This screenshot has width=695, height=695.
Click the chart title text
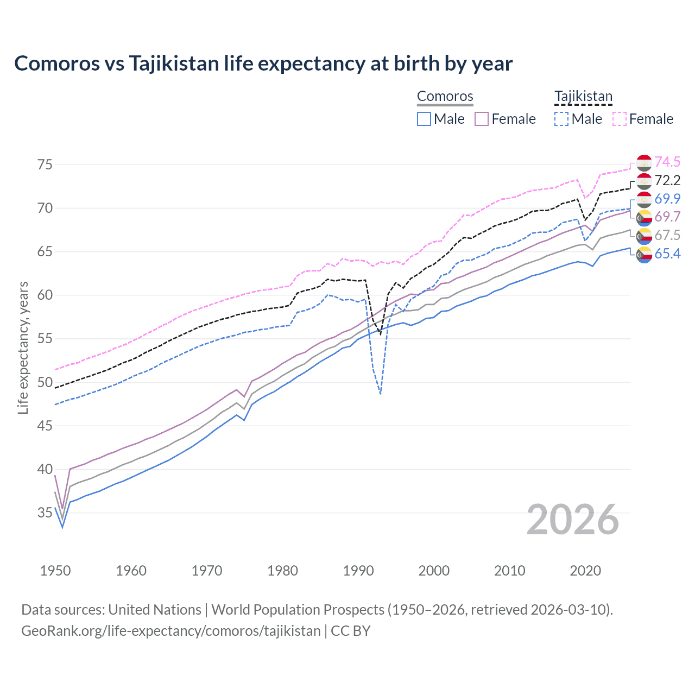coord(263,64)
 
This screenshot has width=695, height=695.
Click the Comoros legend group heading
coord(445,96)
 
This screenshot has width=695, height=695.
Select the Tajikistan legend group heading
coord(583,96)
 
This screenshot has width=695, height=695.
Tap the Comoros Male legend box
coord(424,119)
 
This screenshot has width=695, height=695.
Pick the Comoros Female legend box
coord(482,119)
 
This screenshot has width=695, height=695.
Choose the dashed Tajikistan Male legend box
coord(561,119)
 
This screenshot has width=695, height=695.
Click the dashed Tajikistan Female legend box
coord(619,119)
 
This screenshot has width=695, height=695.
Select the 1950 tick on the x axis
coord(55,571)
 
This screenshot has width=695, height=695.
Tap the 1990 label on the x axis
coord(358,571)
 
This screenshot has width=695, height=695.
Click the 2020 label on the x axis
coord(585,571)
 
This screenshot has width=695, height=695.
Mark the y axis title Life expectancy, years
coord(23,347)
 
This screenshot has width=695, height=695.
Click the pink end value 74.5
coord(667,162)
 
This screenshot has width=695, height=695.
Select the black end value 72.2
coord(667,180)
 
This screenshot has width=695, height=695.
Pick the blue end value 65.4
coord(667,254)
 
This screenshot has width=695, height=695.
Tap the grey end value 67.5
coord(667,235)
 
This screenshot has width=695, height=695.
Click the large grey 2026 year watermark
coord(573,520)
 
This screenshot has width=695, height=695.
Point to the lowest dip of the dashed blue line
coord(381,394)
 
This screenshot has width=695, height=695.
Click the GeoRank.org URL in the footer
coord(171,631)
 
